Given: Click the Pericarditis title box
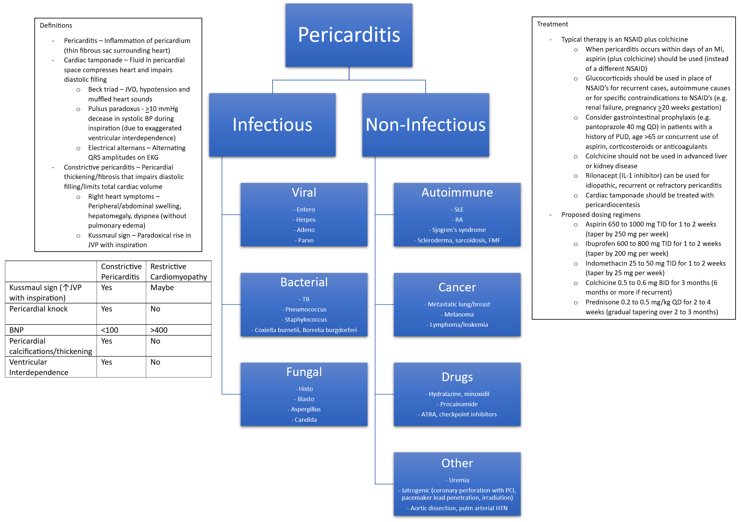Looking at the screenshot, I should click(x=349, y=35).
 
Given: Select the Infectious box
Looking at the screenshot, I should click(x=272, y=125).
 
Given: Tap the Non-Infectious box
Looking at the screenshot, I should click(x=425, y=125).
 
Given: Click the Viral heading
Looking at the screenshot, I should click(x=304, y=192).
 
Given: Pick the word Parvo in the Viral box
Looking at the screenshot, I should click(x=306, y=240).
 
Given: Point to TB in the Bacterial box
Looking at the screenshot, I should click(x=306, y=299).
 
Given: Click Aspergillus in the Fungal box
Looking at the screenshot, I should click(x=306, y=409).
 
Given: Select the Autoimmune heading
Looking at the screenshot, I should click(x=457, y=192).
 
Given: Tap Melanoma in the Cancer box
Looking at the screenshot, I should click(x=459, y=314).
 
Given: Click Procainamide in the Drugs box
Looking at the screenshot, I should click(x=459, y=404).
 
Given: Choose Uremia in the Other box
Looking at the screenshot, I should click(x=459, y=480).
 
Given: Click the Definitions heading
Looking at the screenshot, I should click(x=56, y=25).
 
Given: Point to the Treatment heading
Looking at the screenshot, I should click(x=552, y=24).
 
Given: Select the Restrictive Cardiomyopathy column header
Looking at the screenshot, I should click(x=178, y=271).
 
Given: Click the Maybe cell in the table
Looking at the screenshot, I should click(x=162, y=288).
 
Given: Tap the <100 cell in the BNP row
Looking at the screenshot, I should click(x=110, y=330).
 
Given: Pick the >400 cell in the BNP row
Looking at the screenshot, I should click(x=159, y=330).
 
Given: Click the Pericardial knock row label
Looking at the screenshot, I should click(x=39, y=309).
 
